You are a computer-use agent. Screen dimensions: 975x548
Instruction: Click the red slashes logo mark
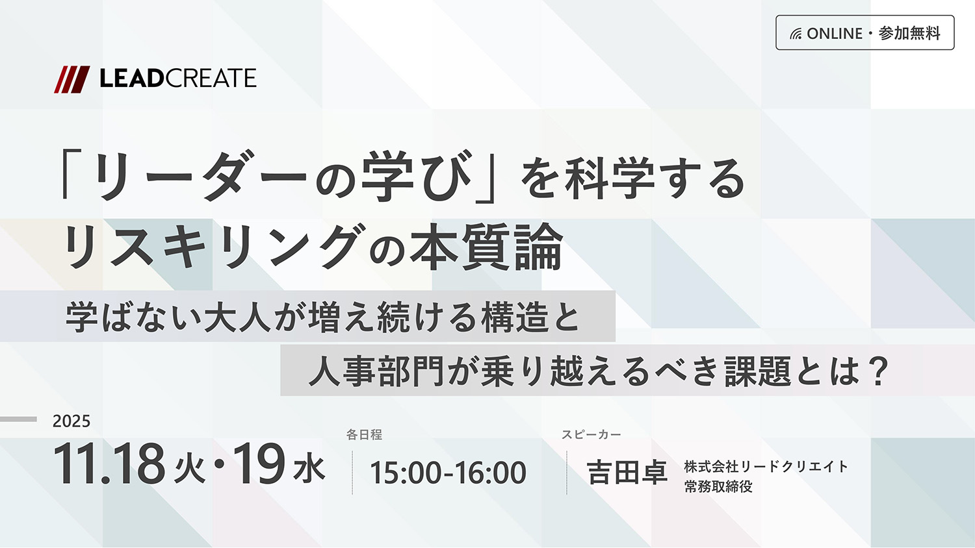71,79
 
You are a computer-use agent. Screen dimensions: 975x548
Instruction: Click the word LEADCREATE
178,79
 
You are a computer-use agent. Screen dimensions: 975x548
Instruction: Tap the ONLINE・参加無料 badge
865,32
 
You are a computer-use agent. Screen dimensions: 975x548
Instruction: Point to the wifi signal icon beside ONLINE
796,34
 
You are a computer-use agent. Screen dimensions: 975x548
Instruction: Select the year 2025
71,421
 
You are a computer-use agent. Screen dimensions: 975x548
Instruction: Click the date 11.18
109,464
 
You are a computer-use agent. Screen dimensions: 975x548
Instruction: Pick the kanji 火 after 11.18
189,469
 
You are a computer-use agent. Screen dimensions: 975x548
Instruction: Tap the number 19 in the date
259,464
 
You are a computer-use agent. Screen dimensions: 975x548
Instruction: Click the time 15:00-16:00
448,473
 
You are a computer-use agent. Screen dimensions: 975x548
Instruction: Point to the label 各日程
364,434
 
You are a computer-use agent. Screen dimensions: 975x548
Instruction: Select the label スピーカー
591,434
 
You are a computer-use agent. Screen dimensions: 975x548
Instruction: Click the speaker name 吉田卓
627,472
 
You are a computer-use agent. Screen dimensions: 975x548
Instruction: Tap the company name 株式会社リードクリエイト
766,467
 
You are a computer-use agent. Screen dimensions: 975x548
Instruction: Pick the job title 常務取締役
718,486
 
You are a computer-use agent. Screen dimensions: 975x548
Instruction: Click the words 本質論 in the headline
487,247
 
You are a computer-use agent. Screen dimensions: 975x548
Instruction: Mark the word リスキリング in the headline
211,247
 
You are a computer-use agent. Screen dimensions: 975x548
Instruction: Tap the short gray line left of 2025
18,419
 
